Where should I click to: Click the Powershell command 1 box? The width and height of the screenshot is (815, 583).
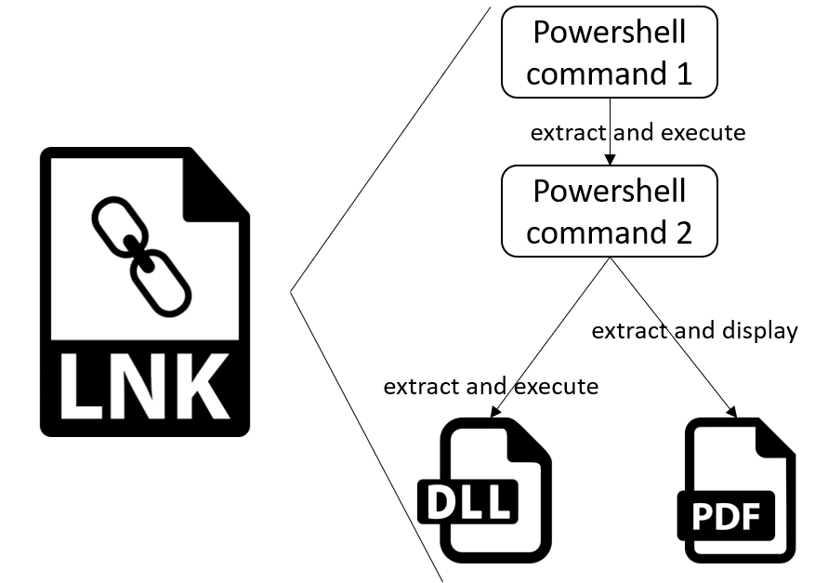point(610,52)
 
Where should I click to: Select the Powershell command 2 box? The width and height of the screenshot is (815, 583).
point(610,211)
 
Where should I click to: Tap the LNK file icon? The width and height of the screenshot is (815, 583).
point(145,292)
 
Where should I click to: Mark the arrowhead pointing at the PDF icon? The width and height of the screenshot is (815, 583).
point(732,410)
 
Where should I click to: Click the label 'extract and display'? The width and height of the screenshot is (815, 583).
point(694,331)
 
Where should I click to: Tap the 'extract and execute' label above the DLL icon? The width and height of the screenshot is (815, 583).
point(491,384)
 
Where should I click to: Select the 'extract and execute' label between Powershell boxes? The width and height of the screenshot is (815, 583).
point(638,132)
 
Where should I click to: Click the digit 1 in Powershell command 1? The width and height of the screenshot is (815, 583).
point(684,73)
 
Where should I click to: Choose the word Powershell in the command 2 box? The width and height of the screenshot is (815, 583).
point(610,192)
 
